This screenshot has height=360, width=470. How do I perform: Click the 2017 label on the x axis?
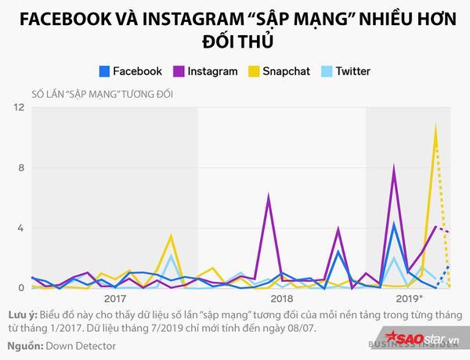(115, 298)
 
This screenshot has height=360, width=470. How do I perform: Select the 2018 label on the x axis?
(281, 298)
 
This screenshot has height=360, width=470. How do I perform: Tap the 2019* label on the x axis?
(410, 298)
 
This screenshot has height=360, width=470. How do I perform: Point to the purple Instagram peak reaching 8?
(394, 167)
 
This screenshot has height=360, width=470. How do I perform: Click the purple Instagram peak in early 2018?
(269, 196)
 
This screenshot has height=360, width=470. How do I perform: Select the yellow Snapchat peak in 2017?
(171, 236)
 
